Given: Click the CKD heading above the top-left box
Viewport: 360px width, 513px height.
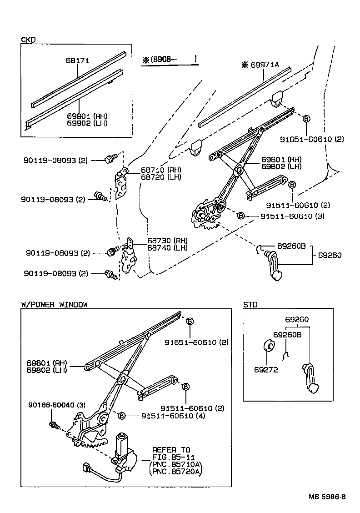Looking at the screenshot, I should [28, 40].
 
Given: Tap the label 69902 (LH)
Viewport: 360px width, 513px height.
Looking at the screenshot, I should [87, 123].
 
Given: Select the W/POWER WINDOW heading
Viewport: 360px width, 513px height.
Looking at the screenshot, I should [54, 304].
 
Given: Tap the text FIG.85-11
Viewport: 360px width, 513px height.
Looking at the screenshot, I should [171, 457].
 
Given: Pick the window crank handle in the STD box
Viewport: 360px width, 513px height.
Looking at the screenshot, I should [311, 376].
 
